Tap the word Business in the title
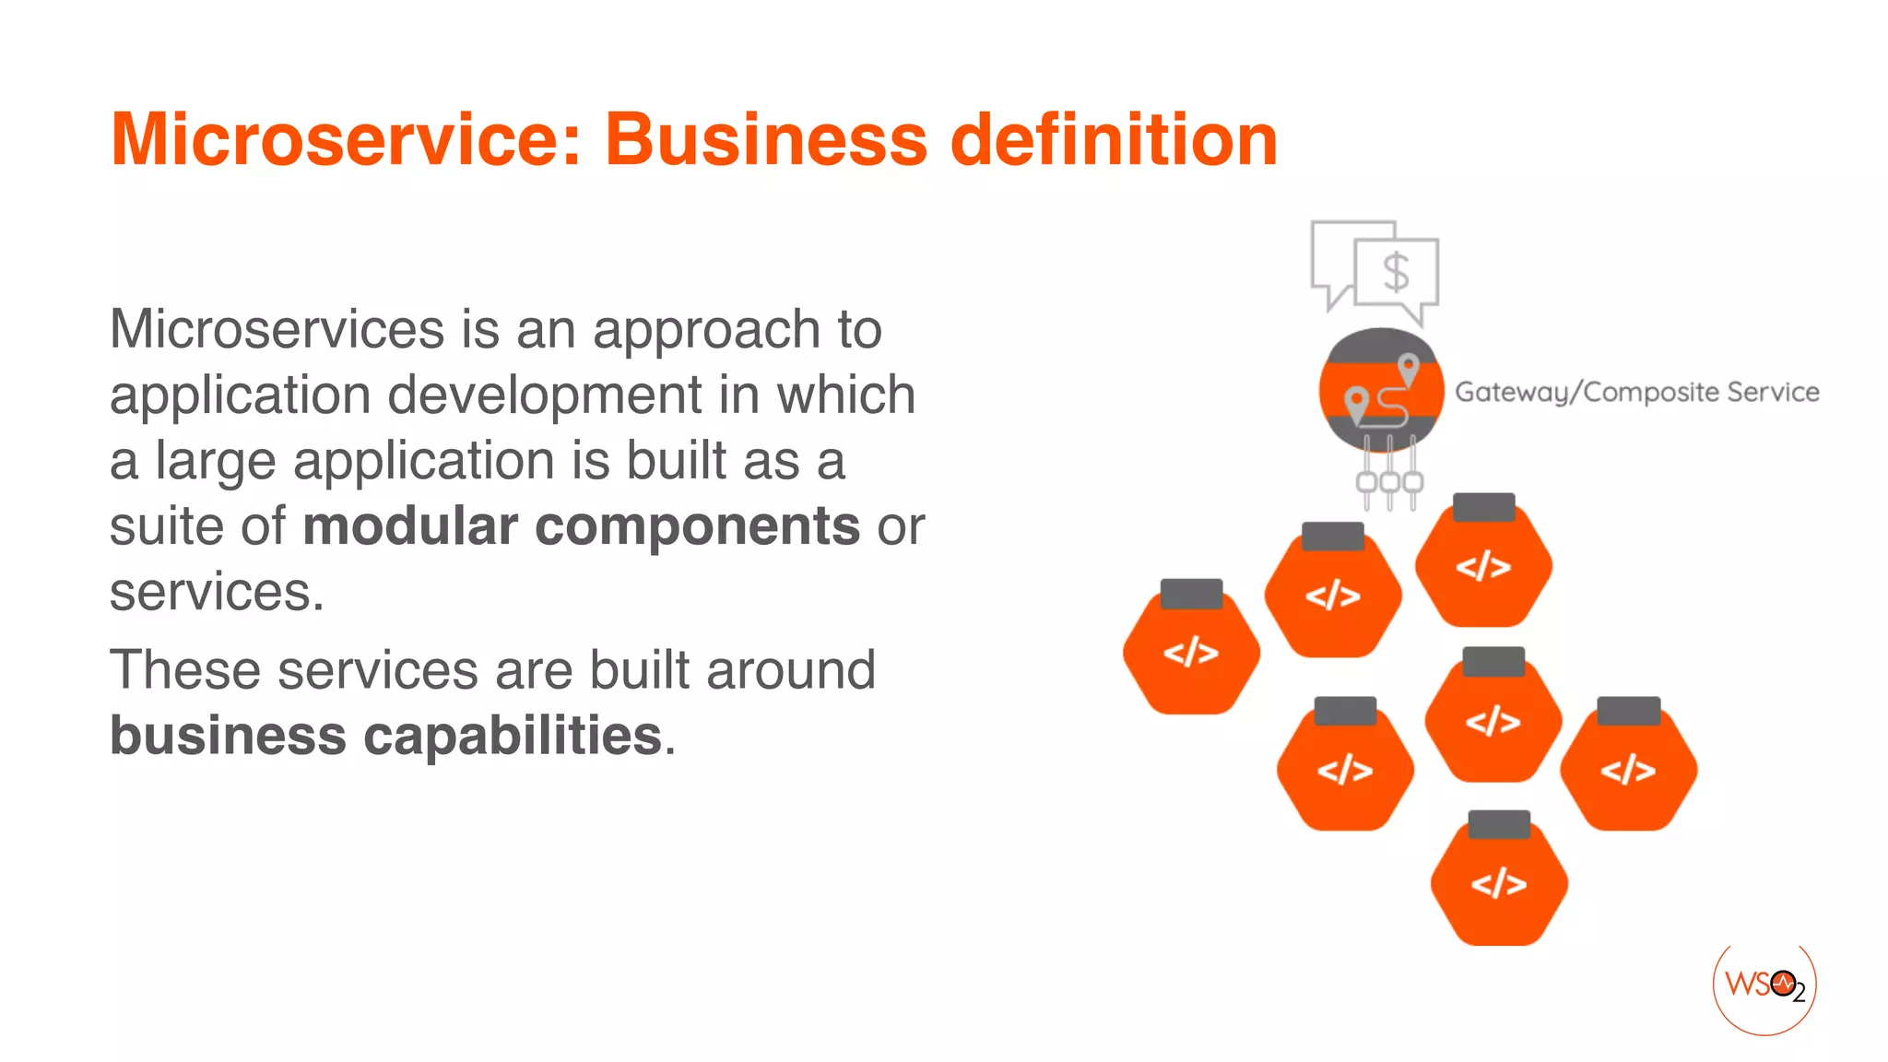[x=765, y=140]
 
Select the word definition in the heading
[x=1113, y=140]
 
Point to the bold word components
[x=697, y=526]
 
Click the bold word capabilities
[x=513, y=736]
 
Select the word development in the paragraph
[x=545, y=395]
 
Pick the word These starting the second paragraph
[x=184, y=670]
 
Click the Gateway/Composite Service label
[x=1636, y=393]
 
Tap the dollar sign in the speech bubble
[x=1396, y=273]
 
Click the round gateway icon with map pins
[x=1380, y=390]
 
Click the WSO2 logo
[x=1764, y=985]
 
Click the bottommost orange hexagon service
[x=1499, y=883]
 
